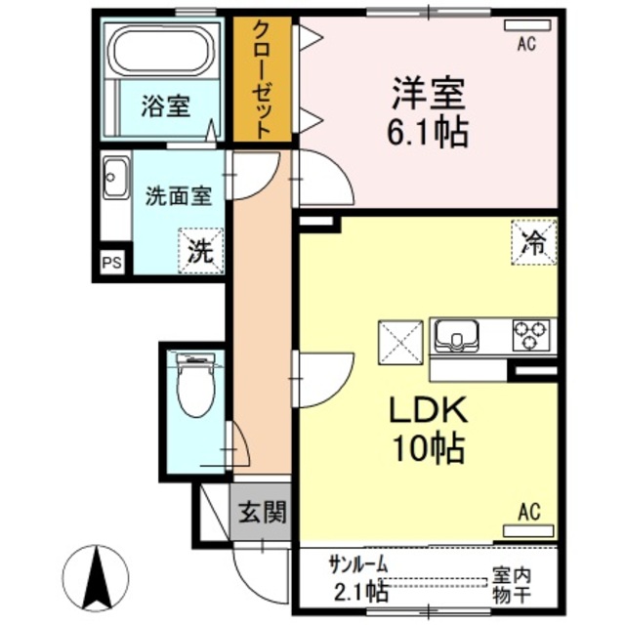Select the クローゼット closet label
coord(263,80)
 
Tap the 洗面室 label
coord(178,195)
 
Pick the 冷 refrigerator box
coord(533,242)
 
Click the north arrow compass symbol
coord(96,576)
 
